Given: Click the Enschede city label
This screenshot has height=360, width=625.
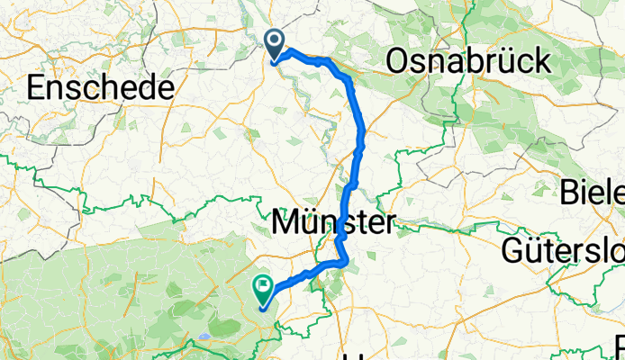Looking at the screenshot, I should (x=100, y=88).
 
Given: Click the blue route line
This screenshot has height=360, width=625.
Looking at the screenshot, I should (x=360, y=135).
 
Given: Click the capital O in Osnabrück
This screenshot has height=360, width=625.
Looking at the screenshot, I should (x=398, y=62).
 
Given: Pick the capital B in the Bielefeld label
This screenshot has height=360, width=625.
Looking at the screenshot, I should (x=571, y=192).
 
